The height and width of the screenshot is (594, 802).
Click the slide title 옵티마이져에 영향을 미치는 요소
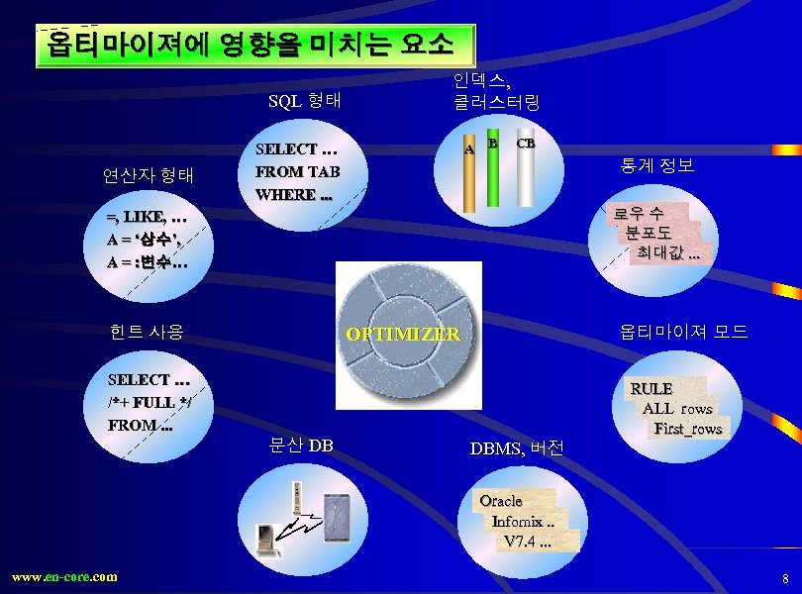tap(255, 46)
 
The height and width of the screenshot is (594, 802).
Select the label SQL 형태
tap(305, 100)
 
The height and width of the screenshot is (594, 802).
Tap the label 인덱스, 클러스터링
tap(496, 90)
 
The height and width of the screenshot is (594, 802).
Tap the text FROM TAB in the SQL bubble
tap(297, 171)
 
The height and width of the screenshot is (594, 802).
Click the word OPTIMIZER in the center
tap(403, 334)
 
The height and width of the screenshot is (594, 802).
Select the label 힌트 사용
tap(148, 331)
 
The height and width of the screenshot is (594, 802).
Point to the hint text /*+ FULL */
tap(150, 402)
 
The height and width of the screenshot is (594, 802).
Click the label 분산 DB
tap(301, 445)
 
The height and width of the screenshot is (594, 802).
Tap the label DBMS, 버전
tap(517, 447)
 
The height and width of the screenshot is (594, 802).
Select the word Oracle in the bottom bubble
tap(501, 500)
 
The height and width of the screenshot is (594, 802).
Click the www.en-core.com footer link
tap(64, 576)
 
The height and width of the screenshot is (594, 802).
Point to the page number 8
tap(785, 577)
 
